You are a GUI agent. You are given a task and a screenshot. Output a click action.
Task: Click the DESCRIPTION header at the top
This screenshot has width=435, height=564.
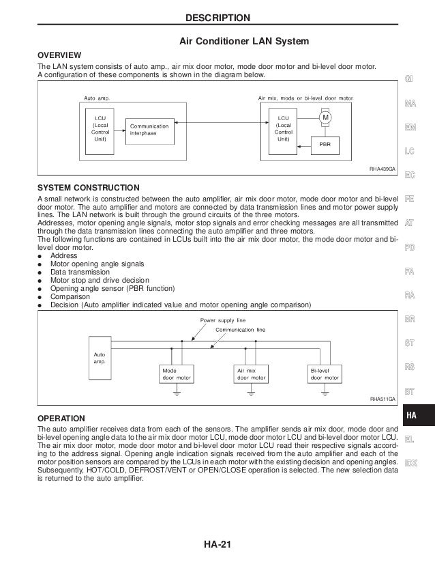217,17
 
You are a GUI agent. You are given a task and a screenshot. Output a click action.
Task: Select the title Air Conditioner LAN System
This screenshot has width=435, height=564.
244,42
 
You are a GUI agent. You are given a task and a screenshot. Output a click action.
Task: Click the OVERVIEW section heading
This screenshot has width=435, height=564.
59,55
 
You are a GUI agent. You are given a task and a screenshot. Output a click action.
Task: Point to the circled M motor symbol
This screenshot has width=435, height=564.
325,117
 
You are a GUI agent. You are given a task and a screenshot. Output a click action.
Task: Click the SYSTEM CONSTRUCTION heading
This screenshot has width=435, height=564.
89,187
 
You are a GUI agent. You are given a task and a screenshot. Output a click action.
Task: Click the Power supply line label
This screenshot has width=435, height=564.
222,320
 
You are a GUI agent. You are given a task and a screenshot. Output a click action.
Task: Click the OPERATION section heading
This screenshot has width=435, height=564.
61,417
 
